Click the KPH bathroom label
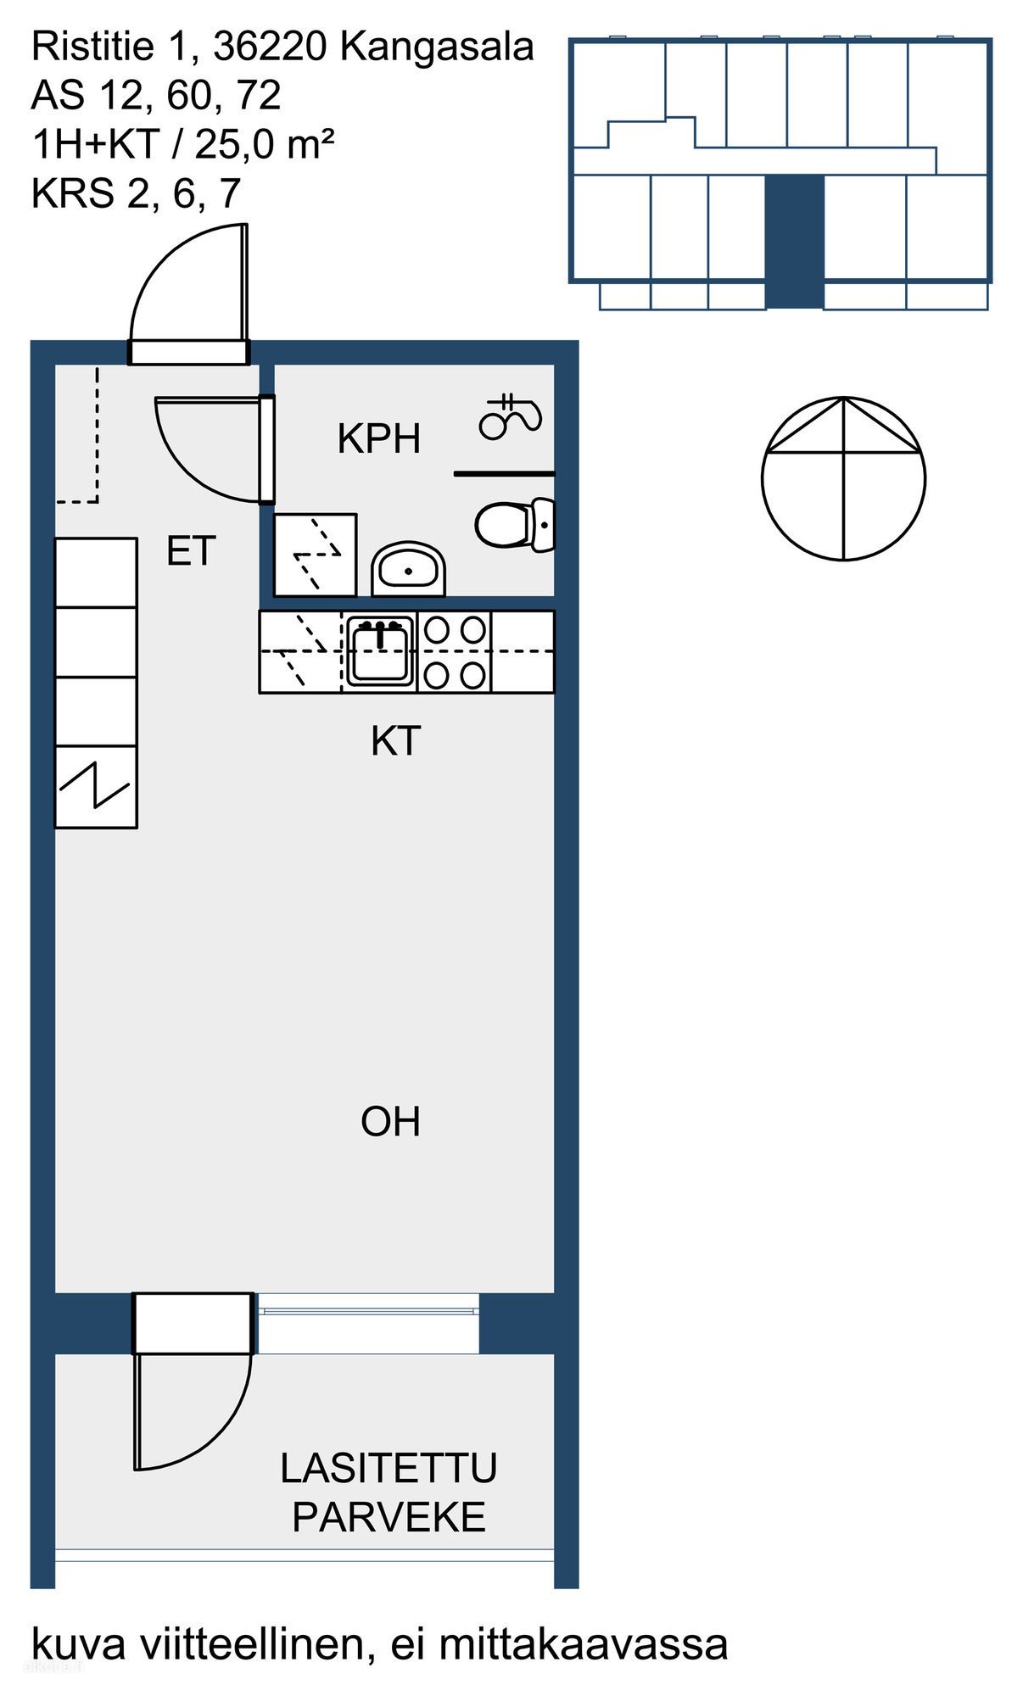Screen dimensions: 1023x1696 [378, 439]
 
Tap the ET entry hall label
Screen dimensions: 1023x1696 [191, 552]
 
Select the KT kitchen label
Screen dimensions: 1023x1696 [395, 742]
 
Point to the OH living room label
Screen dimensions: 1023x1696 [390, 1122]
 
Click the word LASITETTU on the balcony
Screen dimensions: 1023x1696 [389, 1469]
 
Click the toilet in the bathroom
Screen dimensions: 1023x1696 [515, 525]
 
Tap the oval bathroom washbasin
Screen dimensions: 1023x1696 [409, 569]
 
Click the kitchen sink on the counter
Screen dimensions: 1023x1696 [380, 651]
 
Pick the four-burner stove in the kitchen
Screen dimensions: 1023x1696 [456, 652]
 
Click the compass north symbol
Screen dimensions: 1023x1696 [843, 478]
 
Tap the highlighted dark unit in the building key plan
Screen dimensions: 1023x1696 [795, 242]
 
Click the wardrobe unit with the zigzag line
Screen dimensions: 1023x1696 [96, 787]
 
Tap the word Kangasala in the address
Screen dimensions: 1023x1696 [437, 47]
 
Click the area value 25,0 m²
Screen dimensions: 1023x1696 [264, 145]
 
